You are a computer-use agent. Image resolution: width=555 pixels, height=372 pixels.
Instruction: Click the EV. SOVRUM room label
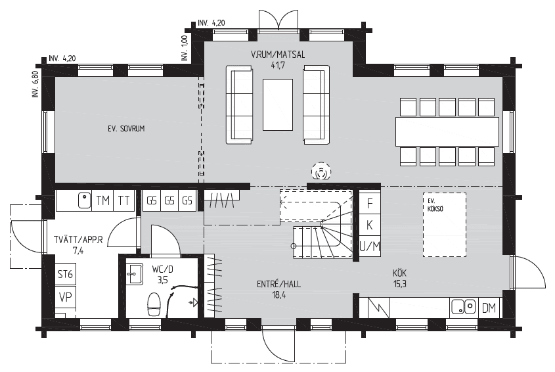126,129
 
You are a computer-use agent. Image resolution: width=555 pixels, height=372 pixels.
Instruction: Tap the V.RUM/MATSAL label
277,55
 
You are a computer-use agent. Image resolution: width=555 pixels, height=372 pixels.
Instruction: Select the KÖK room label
399,273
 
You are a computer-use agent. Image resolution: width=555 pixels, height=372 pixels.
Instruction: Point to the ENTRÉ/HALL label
279,284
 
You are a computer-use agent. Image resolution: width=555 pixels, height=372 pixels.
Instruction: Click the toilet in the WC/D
154,304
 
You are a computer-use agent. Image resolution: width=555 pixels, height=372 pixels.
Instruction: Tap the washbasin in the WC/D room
135,273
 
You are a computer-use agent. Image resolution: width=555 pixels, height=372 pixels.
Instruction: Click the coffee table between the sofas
277,105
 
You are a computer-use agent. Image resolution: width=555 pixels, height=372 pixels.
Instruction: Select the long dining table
447,131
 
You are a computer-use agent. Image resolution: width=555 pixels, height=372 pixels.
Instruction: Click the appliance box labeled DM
489,308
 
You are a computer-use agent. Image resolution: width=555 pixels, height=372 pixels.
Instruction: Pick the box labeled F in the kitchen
370,204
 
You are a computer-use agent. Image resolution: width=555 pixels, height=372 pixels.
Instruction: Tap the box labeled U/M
370,246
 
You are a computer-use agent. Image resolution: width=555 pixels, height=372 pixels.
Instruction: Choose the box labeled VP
65,297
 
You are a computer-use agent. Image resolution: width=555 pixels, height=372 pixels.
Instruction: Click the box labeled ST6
65,274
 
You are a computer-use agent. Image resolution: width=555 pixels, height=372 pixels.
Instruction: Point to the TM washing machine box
102,201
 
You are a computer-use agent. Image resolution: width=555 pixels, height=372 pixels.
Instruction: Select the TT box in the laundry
124,201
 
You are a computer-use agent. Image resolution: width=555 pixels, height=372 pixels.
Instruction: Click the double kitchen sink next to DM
464,308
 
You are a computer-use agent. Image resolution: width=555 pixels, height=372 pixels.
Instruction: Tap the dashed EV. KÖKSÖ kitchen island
445,225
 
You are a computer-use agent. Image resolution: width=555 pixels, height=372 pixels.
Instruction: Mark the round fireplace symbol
321,172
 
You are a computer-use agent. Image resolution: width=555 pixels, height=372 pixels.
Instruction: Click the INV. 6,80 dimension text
35,84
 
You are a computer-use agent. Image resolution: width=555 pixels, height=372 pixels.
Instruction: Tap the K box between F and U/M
370,225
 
